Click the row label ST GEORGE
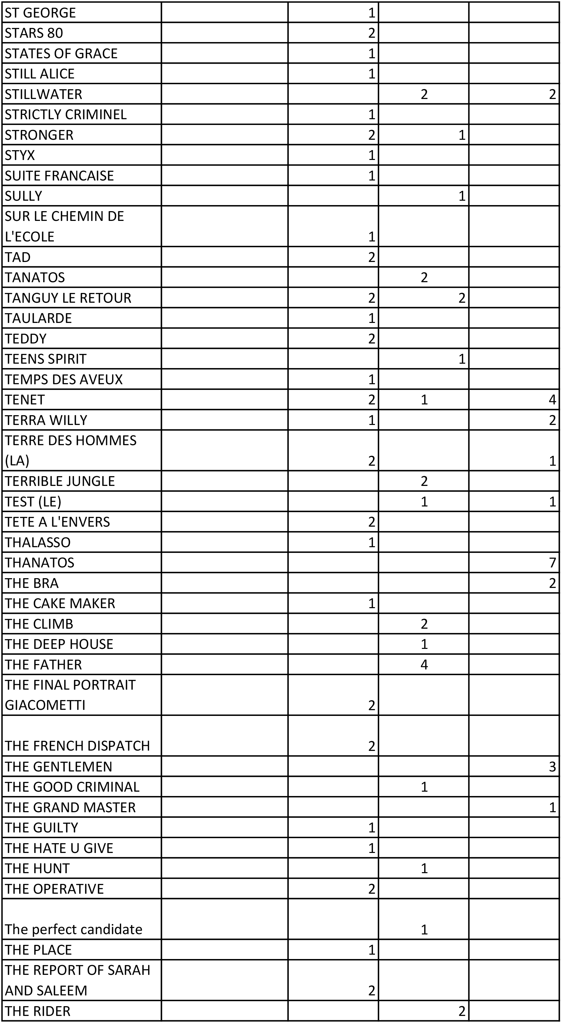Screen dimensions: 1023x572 (x=40, y=13)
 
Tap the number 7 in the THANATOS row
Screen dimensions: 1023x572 (x=552, y=563)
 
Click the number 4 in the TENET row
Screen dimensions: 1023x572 (x=552, y=399)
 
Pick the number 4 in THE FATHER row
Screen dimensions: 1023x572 (x=424, y=665)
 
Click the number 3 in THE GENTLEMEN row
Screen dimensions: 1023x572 (x=552, y=766)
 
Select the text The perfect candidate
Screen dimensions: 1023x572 (x=73, y=930)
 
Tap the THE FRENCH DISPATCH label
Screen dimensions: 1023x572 (x=77, y=746)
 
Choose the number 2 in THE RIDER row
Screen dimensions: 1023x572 (x=462, y=1011)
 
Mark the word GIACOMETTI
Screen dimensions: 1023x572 (x=45, y=705)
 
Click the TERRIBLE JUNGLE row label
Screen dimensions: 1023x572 (x=60, y=481)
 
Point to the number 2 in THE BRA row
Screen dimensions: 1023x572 (x=552, y=583)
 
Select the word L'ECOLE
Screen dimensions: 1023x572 (x=29, y=237)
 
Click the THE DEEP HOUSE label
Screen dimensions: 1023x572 (x=59, y=644)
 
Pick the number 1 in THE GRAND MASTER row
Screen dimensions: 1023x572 (x=552, y=808)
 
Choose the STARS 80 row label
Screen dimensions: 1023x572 (x=34, y=33)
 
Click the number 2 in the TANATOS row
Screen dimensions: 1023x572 (x=424, y=277)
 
